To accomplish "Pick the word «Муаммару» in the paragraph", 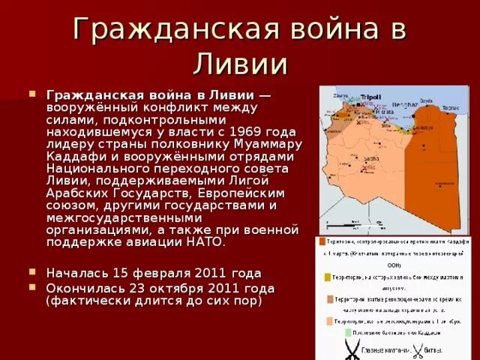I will tap(268, 144).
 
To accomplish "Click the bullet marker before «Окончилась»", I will tap(32, 287).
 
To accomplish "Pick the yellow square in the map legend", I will tap(327, 277).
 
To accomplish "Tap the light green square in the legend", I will tap(348, 331).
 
